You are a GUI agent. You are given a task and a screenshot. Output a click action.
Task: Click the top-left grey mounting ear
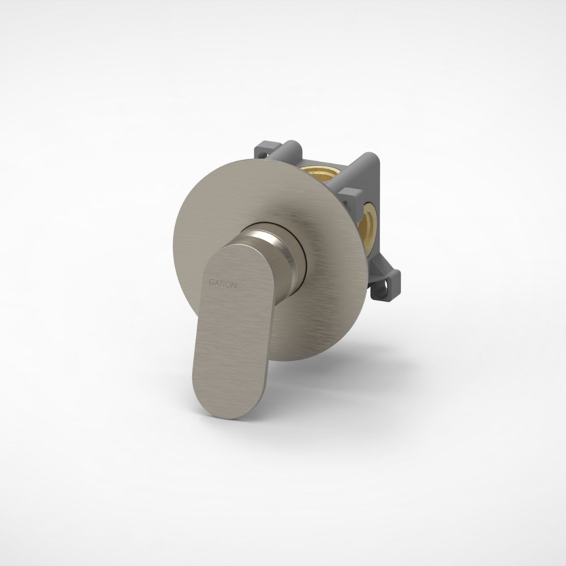tap(263, 151)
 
